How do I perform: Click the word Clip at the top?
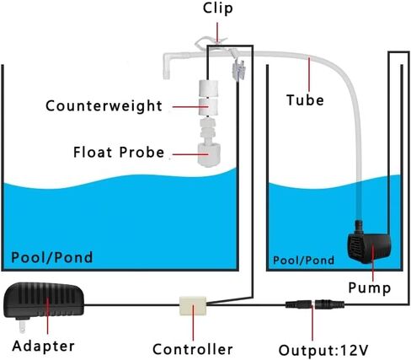[218, 8]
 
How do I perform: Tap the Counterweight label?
[104, 106]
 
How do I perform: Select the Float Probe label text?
[119, 152]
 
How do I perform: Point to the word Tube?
[305, 100]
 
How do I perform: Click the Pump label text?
[370, 287]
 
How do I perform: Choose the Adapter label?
[43, 346]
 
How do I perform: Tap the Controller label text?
[193, 349]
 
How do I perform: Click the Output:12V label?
[323, 350]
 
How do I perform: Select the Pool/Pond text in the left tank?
[52, 257]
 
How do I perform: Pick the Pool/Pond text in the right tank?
[303, 261]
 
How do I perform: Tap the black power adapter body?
[44, 299]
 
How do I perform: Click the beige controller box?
[193, 306]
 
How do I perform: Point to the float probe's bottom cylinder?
[209, 155]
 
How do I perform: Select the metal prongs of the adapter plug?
[22, 325]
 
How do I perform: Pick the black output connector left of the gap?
[299, 304]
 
